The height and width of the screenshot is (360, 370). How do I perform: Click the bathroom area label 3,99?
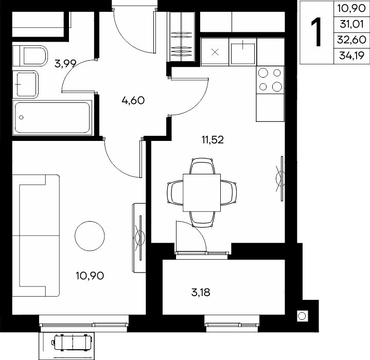coord(65,64)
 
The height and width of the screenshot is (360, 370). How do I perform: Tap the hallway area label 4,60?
coord(133,100)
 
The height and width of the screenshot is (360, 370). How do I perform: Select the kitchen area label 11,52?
coord(213,140)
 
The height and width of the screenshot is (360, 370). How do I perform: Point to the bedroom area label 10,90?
coord(90,276)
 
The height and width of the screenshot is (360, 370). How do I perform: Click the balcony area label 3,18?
coord(201,292)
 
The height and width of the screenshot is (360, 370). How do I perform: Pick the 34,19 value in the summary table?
coord(351,56)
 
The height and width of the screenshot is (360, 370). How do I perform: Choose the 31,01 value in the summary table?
coord(351,24)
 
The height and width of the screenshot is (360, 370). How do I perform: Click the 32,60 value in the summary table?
coord(351,40)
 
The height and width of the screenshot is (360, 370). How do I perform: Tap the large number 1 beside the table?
coord(316,32)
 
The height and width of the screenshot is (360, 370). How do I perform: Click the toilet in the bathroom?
coord(30,56)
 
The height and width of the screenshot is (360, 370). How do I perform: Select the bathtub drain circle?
coord(21,117)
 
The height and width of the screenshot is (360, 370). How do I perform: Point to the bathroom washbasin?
coord(25,84)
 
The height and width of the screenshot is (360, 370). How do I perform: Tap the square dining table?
coord(202,193)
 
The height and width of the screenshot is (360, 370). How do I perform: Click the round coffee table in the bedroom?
coord(90,236)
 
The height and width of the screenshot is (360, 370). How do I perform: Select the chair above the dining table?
coord(202,166)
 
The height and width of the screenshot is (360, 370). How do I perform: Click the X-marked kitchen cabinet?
coord(215,52)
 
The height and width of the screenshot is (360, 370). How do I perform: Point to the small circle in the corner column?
coord(302,316)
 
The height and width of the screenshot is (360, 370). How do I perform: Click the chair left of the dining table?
coord(175,193)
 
